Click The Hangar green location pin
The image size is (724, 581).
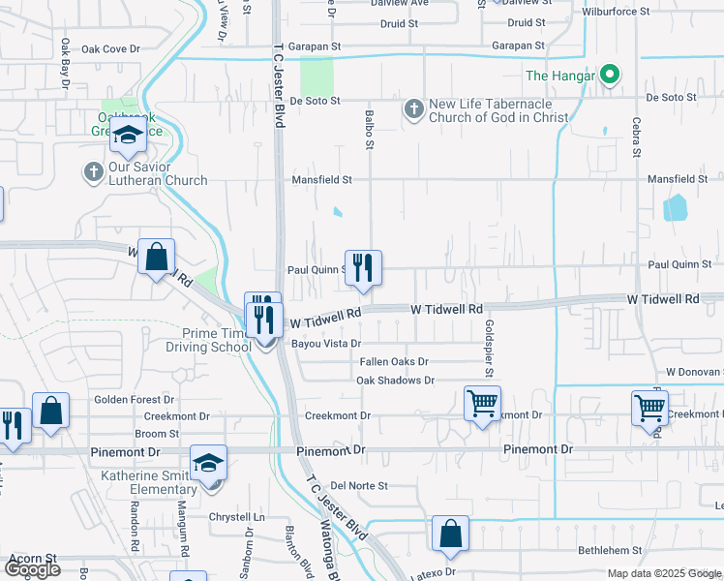609,74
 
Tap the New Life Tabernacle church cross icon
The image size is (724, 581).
413,109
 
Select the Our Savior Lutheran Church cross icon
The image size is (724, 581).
93,172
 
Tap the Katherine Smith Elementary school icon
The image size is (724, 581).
208,462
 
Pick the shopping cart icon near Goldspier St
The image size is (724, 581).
482,403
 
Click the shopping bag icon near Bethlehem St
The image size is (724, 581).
450,534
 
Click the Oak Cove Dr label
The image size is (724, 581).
111,48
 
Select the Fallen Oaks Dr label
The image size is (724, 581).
394,361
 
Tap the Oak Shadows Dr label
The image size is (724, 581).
389,381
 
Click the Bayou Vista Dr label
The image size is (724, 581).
328,344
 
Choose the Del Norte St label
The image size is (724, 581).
359,485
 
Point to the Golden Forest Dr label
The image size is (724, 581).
134,399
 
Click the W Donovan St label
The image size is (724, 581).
694,372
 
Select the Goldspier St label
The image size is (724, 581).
490,349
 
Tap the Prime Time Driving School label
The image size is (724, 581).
208,339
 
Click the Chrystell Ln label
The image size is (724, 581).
237,517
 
